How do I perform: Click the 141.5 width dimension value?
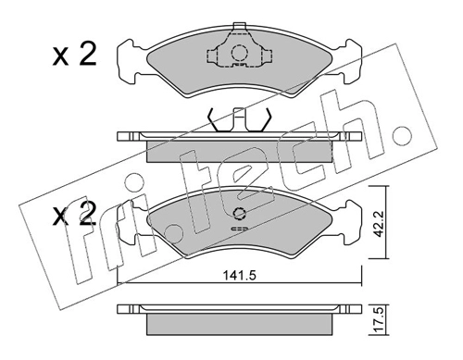click(240, 276)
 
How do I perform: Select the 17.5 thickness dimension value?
click(379, 320)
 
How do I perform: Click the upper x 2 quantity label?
click(74, 55)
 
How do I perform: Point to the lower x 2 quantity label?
click(74, 213)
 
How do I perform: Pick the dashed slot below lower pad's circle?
click(240, 229)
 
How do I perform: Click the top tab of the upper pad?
click(240, 26)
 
